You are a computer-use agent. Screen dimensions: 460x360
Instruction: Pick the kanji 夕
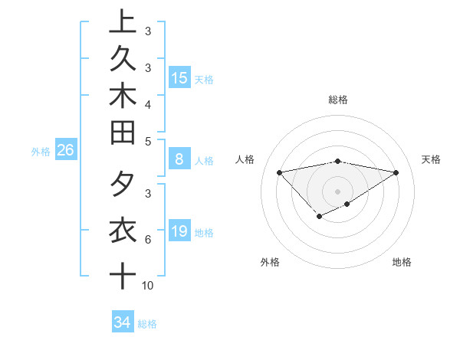[x=123, y=185]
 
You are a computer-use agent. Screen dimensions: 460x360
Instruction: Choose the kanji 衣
[x=123, y=231]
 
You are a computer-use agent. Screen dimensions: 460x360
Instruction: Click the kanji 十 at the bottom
[x=123, y=274]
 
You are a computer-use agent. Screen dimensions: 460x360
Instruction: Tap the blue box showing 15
[x=179, y=78]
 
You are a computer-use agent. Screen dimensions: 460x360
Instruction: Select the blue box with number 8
[x=179, y=159]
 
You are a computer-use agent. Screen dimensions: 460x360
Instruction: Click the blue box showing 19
[x=179, y=231]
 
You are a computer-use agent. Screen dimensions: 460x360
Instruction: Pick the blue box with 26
[x=65, y=151]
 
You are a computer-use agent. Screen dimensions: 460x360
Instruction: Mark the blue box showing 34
[x=122, y=322]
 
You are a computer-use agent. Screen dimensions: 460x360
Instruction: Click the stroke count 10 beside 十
[x=148, y=286]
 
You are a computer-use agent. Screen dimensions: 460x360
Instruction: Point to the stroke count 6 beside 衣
[x=147, y=240]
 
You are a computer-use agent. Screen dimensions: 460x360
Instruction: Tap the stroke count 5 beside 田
[x=147, y=141]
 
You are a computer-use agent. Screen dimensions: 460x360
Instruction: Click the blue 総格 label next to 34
[x=147, y=324]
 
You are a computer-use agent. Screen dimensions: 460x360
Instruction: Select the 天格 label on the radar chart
[x=431, y=159]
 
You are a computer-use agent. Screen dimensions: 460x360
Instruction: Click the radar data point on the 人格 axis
[x=279, y=172]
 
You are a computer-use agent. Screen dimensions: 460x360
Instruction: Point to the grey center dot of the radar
[x=337, y=191]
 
